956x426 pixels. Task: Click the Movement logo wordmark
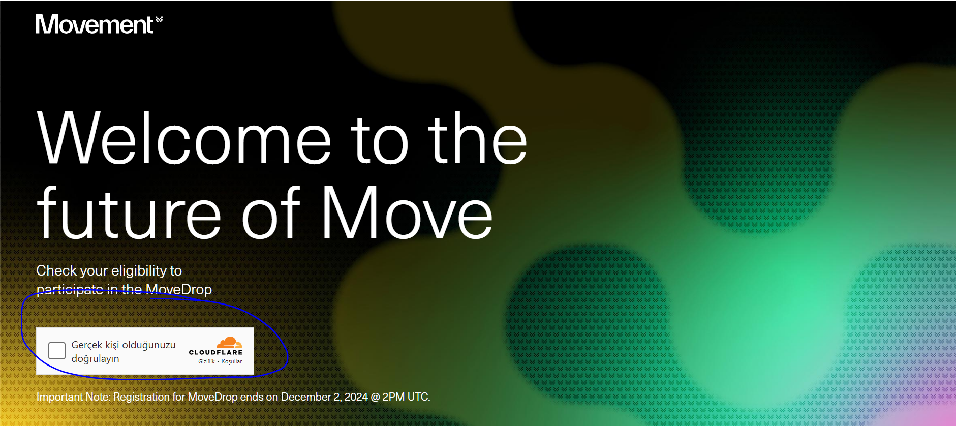tap(95, 24)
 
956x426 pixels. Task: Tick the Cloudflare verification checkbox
tap(57, 351)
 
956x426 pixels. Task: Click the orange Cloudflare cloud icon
tap(229, 342)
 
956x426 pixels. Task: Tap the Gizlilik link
tap(206, 361)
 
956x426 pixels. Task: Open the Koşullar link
tap(232, 361)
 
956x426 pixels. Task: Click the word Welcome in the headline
tap(184, 138)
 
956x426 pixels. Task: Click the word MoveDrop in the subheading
tap(179, 289)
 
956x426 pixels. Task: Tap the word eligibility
tap(139, 271)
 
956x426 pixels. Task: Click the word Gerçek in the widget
tap(87, 345)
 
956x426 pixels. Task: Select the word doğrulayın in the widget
tap(95, 359)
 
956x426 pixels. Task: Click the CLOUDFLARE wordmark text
tap(215, 352)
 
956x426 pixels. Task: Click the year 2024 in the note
tap(356, 397)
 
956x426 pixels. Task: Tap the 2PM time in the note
tap(393, 397)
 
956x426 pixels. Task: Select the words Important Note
tap(73, 397)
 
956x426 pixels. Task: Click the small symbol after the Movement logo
tap(159, 19)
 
